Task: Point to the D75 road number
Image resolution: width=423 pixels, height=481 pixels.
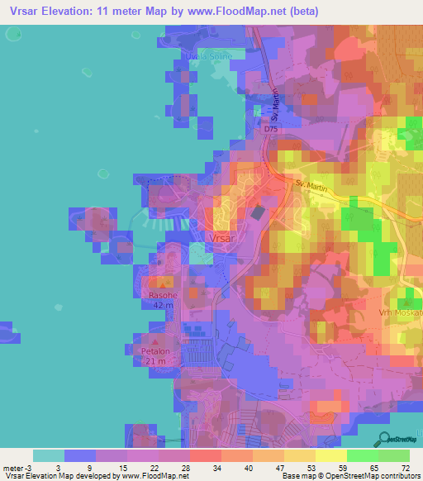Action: pos(272,130)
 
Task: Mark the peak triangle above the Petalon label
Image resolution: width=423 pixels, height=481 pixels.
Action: pos(155,340)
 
